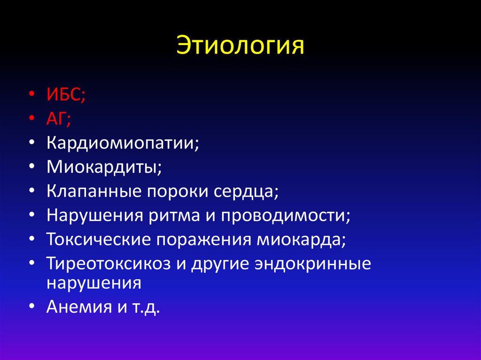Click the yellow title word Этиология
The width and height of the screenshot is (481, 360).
pyautogui.click(x=240, y=47)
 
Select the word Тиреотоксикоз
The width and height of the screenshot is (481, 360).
pyautogui.click(x=111, y=264)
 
